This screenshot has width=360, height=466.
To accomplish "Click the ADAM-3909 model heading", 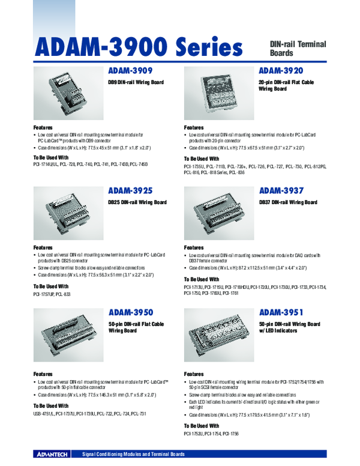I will coord(130,70).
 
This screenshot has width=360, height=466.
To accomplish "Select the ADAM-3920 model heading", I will coord(281,70).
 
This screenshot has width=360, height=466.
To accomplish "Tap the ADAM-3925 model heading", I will coord(130,191).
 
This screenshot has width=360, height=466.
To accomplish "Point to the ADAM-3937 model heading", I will coord(281,191).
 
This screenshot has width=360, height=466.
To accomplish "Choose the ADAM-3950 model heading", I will coord(131,312).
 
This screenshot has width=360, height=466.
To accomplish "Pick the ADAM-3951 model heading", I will coord(281,312).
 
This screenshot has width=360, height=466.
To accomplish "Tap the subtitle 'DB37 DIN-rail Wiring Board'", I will coord(288,202).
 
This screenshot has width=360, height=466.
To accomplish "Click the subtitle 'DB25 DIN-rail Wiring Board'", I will coord(137,202).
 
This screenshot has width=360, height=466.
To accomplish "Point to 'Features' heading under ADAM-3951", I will coord(194,374).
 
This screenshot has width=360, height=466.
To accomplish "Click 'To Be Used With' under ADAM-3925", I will coord(51,286).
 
